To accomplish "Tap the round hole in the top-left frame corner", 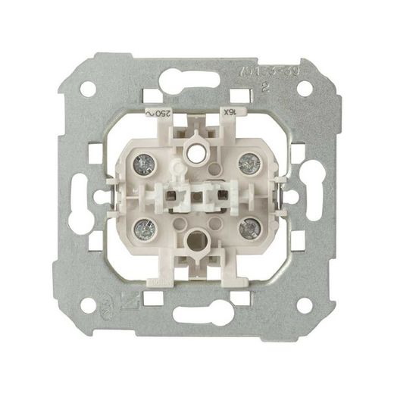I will pyautogui.click(x=88, y=88).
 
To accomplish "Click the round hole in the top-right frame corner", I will pyautogui.click(x=305, y=88).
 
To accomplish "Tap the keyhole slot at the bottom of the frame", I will pyautogui.click(x=196, y=314).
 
